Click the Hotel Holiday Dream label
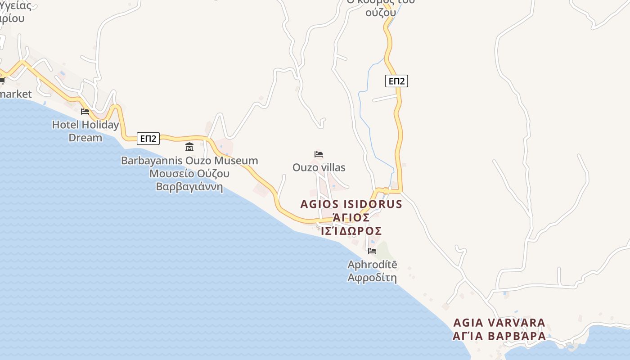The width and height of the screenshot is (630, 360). pos(85,131)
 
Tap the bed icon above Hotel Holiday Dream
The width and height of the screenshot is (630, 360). pos(85,111)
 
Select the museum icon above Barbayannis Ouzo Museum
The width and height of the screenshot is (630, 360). pos(189,147)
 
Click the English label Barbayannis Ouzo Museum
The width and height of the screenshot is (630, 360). pos(189,161)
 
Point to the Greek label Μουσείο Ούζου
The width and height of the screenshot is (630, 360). pos(189,174)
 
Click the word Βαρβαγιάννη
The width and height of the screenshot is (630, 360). pos(189,186)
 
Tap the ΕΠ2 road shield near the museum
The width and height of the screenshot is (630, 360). pos(148,139)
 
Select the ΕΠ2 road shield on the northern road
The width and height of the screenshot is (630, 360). pos(396,81)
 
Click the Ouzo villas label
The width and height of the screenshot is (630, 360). pos(319,168)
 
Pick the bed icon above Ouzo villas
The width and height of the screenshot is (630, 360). pos(319,154)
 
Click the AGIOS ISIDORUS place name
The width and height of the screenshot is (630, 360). pos(351,204)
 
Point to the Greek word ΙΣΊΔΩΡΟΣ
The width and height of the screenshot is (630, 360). pos(351,231)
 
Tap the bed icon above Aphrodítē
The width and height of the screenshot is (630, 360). pos(372,251)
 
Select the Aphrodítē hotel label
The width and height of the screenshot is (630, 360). pos(372,265)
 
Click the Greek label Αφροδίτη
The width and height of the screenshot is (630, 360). pos(372,278)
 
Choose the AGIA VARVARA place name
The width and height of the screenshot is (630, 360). pos(499,323)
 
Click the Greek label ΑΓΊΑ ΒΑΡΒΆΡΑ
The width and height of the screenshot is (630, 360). pos(499,336)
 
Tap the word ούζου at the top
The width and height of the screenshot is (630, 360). pos(380,13)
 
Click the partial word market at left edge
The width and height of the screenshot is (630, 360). pos(16,94)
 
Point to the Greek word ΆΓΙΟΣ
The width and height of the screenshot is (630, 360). pos(351,218)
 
